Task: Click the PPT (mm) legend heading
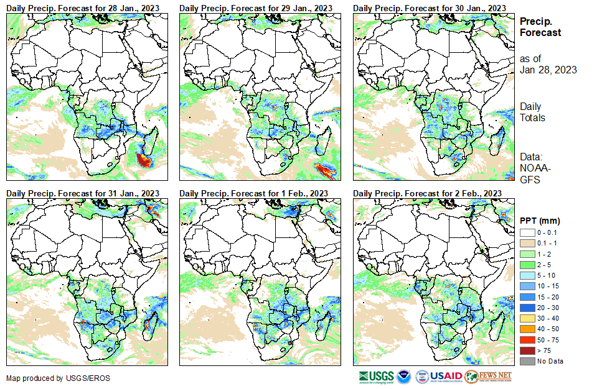[540, 221]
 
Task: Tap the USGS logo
[376, 377]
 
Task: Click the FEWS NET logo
[488, 377]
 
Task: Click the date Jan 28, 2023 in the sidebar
[548, 70]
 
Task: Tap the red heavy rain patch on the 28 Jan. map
[143, 160]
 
